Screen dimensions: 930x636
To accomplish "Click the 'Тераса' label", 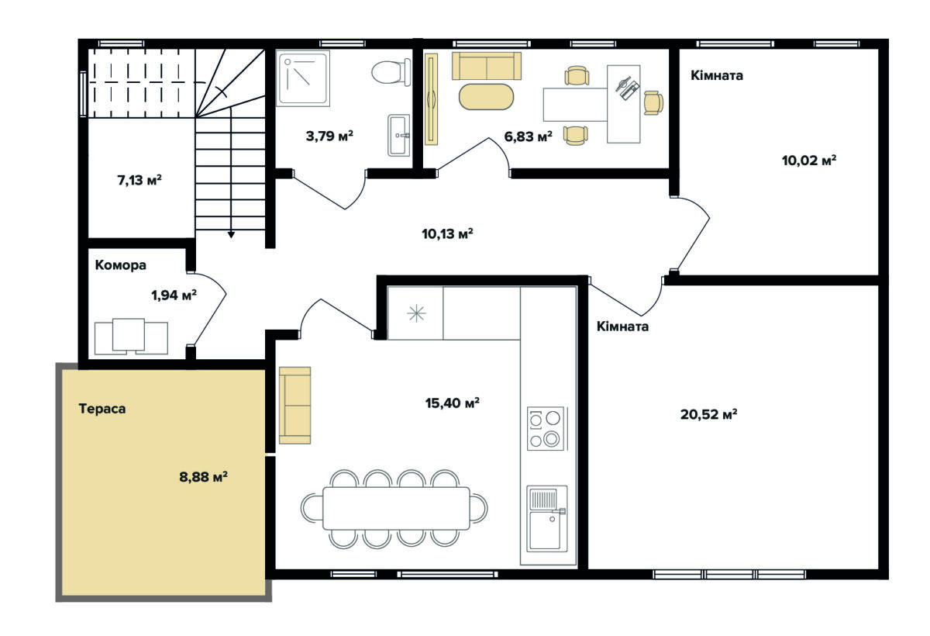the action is click(x=102, y=410).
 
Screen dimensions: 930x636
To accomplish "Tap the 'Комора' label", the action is click(x=120, y=265).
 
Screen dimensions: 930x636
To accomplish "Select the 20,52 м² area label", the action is click(x=708, y=414).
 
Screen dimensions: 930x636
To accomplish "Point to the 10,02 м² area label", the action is click(x=809, y=161).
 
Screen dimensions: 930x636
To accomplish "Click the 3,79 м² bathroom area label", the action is click(x=329, y=136).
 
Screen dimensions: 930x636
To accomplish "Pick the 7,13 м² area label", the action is click(x=139, y=180).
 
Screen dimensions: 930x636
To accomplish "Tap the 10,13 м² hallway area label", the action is click(x=448, y=234).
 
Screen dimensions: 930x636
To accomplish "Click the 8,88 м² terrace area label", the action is click(x=203, y=476).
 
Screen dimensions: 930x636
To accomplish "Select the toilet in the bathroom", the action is click(x=391, y=72).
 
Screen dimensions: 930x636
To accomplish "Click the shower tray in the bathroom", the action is click(x=303, y=78).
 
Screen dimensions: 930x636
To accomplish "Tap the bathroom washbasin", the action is click(x=399, y=136).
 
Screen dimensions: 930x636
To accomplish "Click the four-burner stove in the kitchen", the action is click(x=546, y=429).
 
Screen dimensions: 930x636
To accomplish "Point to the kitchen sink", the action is click(x=547, y=518).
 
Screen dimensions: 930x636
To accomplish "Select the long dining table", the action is click(x=396, y=509).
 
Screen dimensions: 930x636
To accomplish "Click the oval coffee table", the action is click(x=486, y=97).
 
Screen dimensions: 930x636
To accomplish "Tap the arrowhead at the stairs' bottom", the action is click(x=231, y=235).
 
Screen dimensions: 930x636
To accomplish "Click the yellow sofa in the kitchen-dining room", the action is click(x=294, y=406).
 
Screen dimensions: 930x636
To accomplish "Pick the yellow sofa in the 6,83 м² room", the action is click(x=487, y=66).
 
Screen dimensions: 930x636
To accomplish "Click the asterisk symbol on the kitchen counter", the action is click(x=416, y=313).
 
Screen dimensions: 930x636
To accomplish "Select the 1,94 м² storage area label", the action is click(x=174, y=296).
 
